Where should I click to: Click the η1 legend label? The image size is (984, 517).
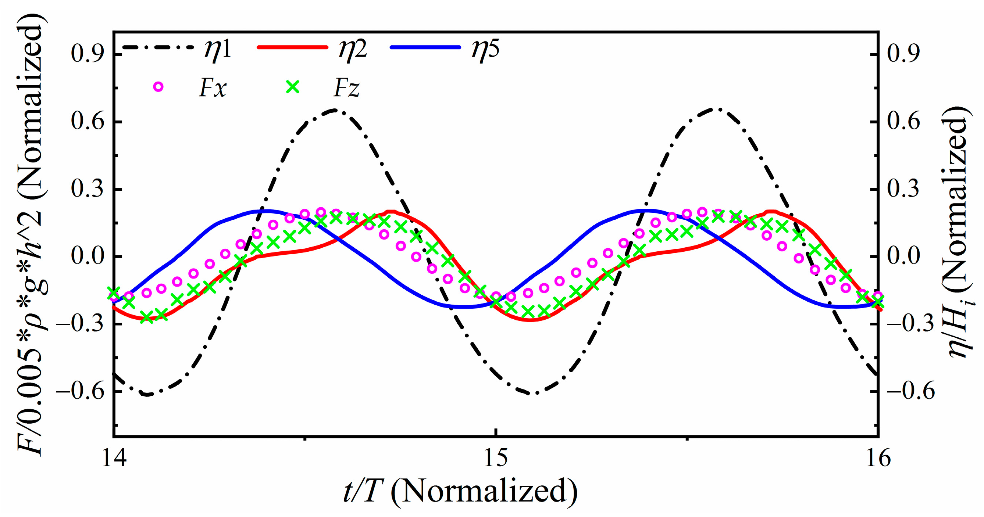218,49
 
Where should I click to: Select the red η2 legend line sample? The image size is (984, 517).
293,47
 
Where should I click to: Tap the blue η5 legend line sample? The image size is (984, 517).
425,47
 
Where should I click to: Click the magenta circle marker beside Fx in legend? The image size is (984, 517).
158,87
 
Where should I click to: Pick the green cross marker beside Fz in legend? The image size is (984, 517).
293,87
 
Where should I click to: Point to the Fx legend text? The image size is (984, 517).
213,88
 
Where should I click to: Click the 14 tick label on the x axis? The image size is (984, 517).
114,458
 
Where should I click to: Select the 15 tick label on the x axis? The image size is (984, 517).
496,458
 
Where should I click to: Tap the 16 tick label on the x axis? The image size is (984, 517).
878,458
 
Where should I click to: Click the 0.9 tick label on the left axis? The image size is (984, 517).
88,54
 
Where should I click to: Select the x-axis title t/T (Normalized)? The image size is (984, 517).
460,492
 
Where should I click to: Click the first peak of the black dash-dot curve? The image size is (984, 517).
335,110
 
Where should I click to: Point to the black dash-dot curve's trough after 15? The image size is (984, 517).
536,393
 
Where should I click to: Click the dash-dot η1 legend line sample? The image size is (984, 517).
159,47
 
